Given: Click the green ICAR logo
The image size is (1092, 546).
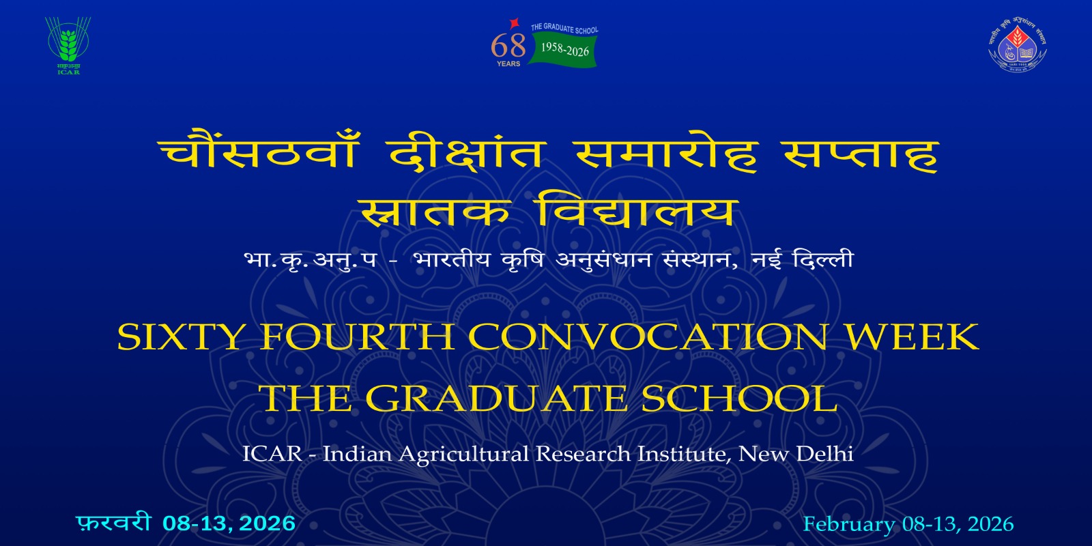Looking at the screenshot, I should click(x=68, y=44).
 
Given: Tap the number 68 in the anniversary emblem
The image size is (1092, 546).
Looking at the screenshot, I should click(x=508, y=46).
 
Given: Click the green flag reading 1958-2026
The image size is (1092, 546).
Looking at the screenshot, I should click(x=564, y=49).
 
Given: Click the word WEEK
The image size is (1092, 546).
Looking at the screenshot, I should click(x=913, y=336).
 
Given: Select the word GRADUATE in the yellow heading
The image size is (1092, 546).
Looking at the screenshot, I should click(x=496, y=398).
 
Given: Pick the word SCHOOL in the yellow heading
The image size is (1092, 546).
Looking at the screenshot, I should click(x=739, y=398).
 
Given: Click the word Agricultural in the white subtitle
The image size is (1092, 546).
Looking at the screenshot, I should click(x=464, y=455).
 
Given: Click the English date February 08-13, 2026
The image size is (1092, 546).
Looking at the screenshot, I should click(x=908, y=524).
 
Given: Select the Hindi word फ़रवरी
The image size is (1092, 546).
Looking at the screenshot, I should click(x=113, y=523).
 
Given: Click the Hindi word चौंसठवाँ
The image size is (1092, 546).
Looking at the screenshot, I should click(x=258, y=152).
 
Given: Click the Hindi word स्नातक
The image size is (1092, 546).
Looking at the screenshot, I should click(x=435, y=212).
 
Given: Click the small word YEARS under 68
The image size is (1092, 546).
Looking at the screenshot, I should click(x=508, y=64).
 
